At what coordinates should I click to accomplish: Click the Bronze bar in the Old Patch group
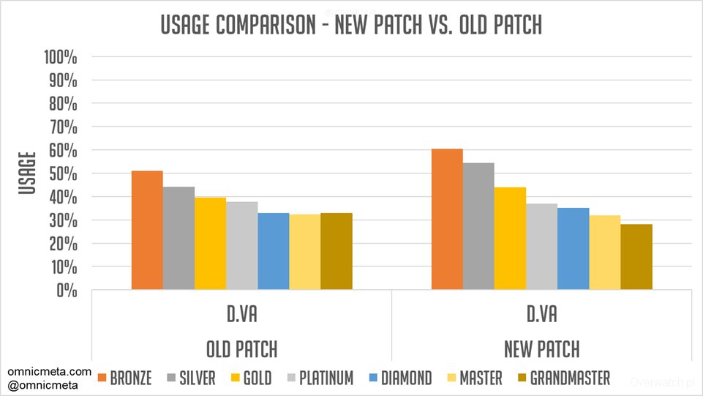[x=147, y=231]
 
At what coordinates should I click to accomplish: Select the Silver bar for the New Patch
[x=478, y=226]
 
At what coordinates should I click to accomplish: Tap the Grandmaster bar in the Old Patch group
[x=337, y=252]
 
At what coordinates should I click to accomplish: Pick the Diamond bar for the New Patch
[x=573, y=249]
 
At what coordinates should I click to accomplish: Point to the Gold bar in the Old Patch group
[x=210, y=244]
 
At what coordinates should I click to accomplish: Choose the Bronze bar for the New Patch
[x=447, y=220]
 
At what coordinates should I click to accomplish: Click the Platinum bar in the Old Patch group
[x=241, y=246]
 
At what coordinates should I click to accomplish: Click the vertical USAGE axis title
[x=28, y=173]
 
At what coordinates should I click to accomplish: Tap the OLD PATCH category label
[x=241, y=347]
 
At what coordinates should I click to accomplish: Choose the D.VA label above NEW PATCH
[x=541, y=315]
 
